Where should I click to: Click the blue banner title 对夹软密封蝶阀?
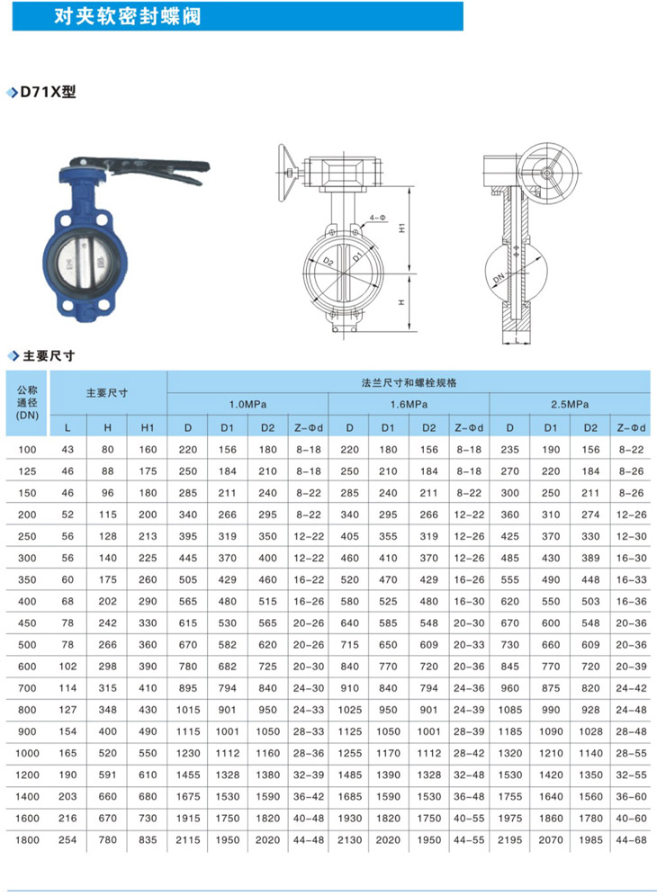pos(128,16)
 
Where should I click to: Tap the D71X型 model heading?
pos(48,92)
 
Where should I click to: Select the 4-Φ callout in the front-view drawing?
pos(377,218)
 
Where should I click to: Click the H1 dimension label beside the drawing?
pos(402,228)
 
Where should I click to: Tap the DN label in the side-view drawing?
pos(499,277)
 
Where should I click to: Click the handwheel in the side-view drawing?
pos(548,173)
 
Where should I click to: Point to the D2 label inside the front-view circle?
pos(328,261)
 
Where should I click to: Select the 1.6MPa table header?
pos(409,405)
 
